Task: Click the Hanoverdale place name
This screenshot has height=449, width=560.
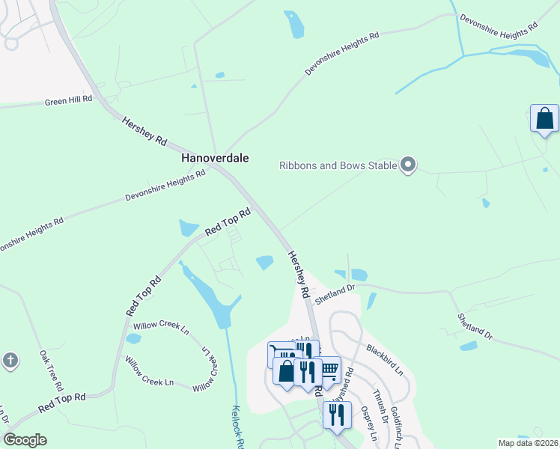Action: coord(214,159)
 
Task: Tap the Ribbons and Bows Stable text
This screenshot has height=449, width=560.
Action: coord(337,165)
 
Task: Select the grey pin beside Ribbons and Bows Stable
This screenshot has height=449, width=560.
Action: coord(408,164)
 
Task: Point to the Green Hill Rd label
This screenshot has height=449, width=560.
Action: coord(68,99)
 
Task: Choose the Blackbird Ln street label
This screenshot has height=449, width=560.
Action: coord(385,360)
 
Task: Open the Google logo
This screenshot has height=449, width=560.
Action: coord(25,440)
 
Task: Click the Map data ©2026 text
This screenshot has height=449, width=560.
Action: coord(528,442)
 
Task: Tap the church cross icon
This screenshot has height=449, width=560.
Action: coord(10,360)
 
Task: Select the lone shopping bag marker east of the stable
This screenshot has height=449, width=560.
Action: coord(544,118)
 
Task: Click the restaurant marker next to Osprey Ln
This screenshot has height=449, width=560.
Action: coord(337,415)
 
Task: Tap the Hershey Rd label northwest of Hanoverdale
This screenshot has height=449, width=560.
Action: coord(144,131)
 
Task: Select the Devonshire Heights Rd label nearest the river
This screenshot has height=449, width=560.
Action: coord(499,21)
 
